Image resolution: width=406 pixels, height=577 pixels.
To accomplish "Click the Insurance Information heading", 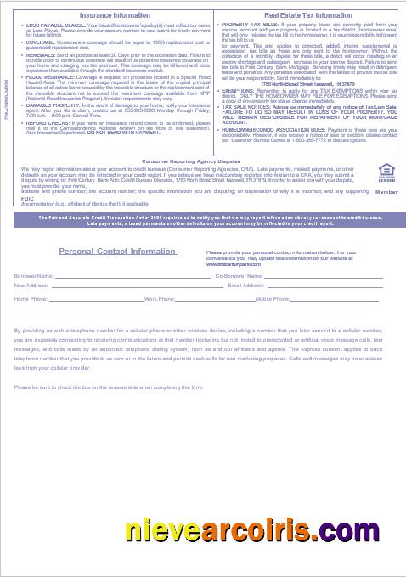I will coord(116,15).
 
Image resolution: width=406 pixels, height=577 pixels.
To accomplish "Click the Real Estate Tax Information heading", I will coord(307,15).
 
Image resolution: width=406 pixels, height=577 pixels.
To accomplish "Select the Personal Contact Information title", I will coord(117,252).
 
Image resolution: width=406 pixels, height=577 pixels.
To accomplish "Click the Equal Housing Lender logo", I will coord(386,171).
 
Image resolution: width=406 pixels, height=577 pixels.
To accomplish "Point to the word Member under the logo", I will coord(386,194).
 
